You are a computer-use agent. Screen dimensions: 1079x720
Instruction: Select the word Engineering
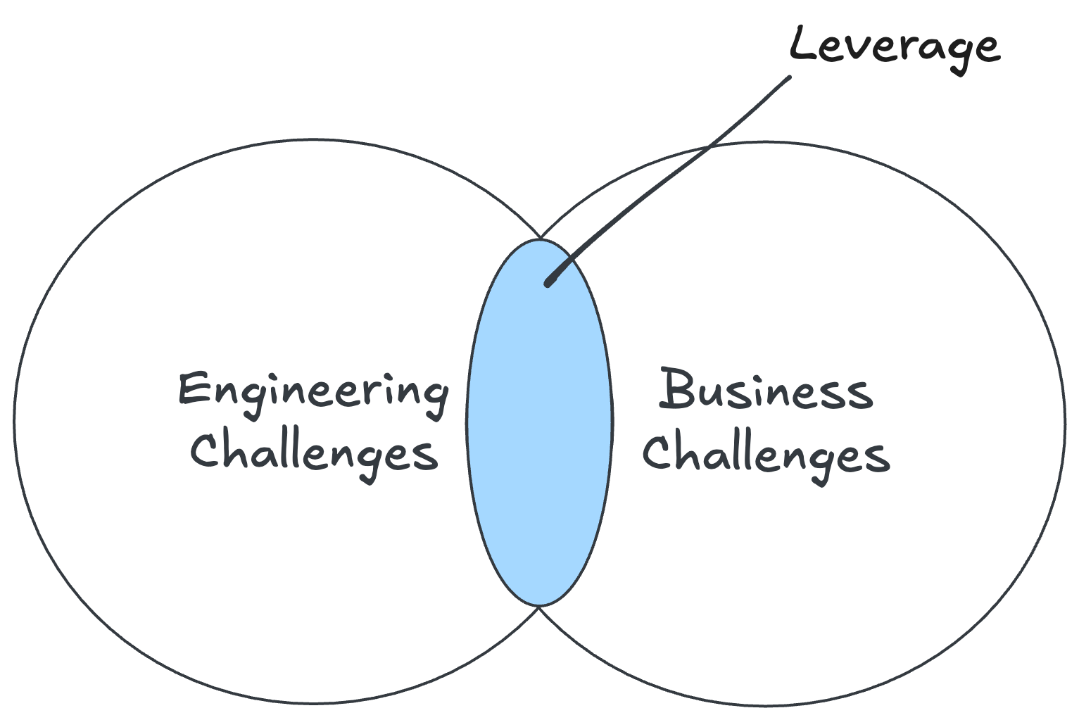pyautogui.click(x=313, y=391)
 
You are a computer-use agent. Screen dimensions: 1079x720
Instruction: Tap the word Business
pyautogui.click(x=766, y=391)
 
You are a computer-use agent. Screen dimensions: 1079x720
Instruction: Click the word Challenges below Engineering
pyautogui.click(x=314, y=453)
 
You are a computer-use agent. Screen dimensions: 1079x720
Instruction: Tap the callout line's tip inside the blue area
pyautogui.click(x=548, y=283)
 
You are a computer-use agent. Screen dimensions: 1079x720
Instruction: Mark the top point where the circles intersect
pyautogui.click(x=540, y=238)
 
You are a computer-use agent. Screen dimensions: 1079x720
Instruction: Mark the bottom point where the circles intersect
pyautogui.click(x=539, y=607)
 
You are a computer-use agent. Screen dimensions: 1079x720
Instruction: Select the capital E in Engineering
pyautogui.click(x=192, y=389)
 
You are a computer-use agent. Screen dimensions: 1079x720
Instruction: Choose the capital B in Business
pyautogui.click(x=676, y=389)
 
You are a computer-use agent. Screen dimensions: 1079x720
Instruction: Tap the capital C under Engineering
pyautogui.click(x=205, y=450)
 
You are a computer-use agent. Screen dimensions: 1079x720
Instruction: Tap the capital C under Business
pyautogui.click(x=657, y=451)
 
